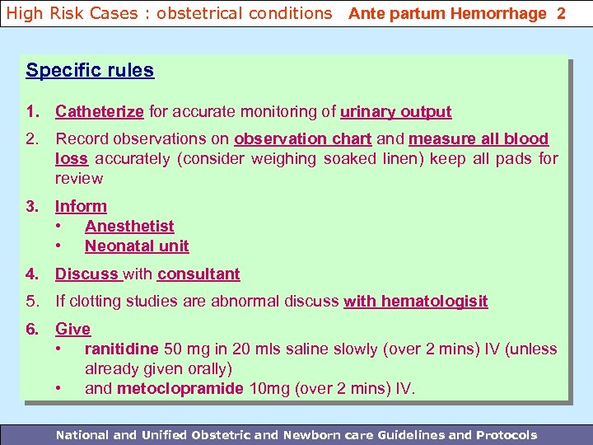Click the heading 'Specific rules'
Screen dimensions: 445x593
[x=90, y=70]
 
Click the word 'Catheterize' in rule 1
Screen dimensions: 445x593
[x=100, y=112]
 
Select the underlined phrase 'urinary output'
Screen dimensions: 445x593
[x=395, y=112]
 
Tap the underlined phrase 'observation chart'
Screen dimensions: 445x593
[x=303, y=139]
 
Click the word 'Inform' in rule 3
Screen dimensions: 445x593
[x=81, y=207]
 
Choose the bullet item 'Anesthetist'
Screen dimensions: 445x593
[x=129, y=226]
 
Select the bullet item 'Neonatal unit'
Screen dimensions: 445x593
[x=137, y=246]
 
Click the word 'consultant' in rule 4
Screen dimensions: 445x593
[x=198, y=274]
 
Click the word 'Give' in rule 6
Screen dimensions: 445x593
[x=72, y=329]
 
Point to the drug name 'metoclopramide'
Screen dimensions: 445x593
[x=180, y=388]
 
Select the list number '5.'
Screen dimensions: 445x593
[x=33, y=302]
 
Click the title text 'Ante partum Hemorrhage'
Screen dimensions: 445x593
[x=447, y=14]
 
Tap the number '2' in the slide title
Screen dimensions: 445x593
[x=561, y=14]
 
